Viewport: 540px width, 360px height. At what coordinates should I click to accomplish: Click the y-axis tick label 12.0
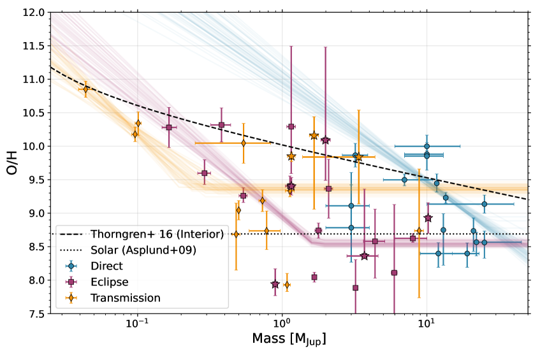point(33,13)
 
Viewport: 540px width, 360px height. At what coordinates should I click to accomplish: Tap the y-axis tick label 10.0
point(33,147)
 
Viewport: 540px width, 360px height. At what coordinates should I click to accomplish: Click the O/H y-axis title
point(12,162)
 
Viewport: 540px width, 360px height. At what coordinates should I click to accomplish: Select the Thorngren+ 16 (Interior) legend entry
point(157,234)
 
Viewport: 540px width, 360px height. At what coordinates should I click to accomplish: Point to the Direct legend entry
point(106,266)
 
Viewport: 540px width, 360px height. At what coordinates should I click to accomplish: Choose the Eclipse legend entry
point(109,282)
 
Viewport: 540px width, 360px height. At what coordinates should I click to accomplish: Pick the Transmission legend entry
point(126,298)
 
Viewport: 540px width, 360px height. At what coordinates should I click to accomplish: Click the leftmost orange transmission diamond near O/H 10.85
point(86,89)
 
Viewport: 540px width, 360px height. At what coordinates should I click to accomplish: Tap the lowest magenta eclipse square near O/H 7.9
point(355,288)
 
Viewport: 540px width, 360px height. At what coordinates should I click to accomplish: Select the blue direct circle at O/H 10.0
point(427,146)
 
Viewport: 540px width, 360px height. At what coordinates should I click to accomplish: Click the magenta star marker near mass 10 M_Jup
point(428,218)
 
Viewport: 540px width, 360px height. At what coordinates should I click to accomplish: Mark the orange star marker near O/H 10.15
point(314,135)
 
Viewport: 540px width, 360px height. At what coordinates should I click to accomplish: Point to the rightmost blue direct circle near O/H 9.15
point(484,204)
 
